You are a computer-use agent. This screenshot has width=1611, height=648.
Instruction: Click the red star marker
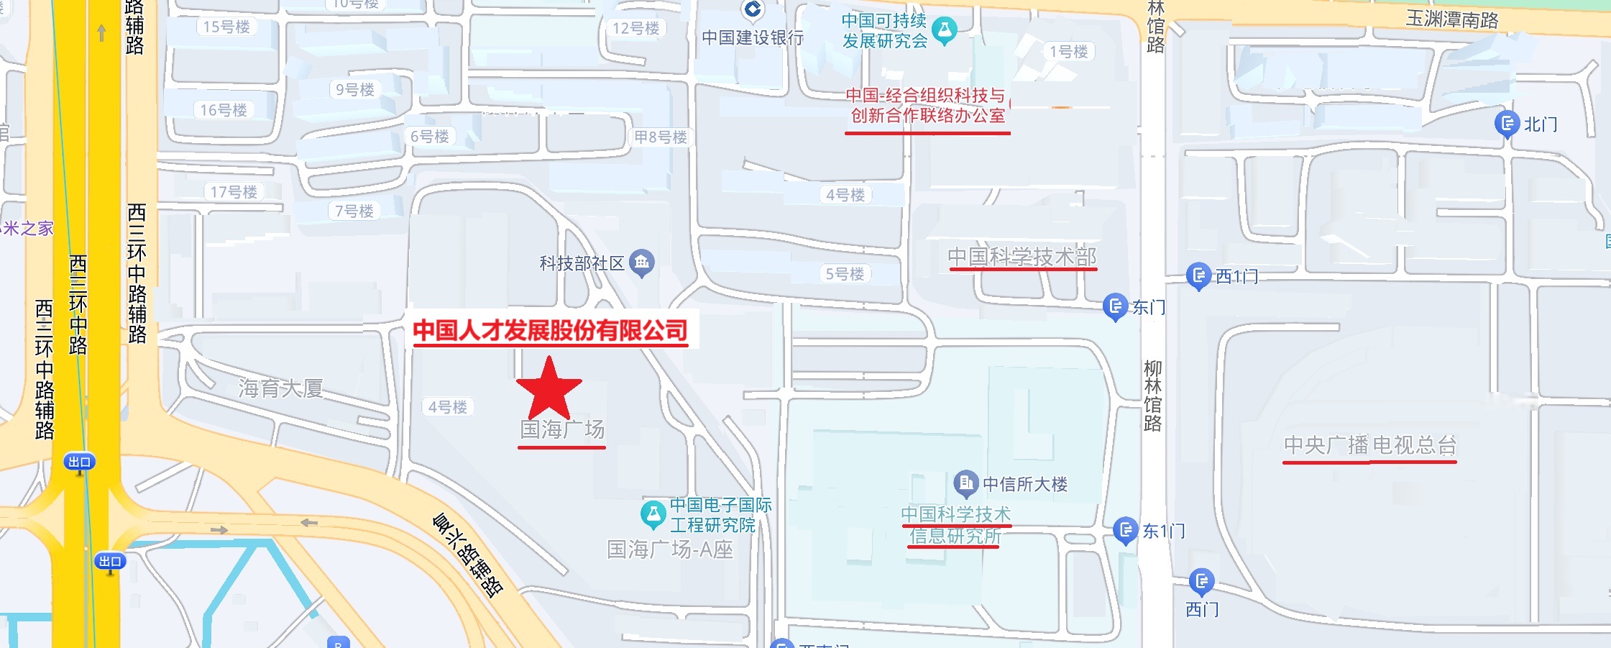549,389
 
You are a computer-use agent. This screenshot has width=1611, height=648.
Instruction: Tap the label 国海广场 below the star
562,429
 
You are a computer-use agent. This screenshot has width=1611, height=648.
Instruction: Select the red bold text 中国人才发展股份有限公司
550,330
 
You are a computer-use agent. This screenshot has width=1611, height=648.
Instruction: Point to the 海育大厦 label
280,388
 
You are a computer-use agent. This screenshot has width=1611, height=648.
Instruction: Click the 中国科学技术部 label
1022,257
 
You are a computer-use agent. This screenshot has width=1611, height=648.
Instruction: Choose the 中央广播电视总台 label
1369,445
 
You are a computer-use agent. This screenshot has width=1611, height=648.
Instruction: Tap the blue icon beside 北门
1506,124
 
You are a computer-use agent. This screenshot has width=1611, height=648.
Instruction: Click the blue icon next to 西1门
1198,275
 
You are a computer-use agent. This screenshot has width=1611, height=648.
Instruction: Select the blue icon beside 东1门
1125,531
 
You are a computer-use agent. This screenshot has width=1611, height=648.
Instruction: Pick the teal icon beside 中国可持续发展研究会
945,30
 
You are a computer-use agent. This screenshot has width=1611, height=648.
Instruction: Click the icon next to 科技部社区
641,263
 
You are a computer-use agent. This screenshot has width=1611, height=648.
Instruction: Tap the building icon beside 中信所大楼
966,483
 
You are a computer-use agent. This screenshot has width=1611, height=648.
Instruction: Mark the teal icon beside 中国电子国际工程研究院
653,514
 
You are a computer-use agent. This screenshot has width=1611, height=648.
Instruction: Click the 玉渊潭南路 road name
1452,19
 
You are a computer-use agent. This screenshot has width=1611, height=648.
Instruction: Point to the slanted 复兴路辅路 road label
467,555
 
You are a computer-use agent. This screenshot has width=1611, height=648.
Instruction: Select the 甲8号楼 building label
660,137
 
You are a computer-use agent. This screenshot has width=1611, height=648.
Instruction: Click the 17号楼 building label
234,192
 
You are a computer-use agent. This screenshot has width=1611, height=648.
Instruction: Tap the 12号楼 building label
635,28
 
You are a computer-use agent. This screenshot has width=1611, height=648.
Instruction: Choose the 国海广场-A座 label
670,550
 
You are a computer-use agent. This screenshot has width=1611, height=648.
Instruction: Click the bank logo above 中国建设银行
753,9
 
